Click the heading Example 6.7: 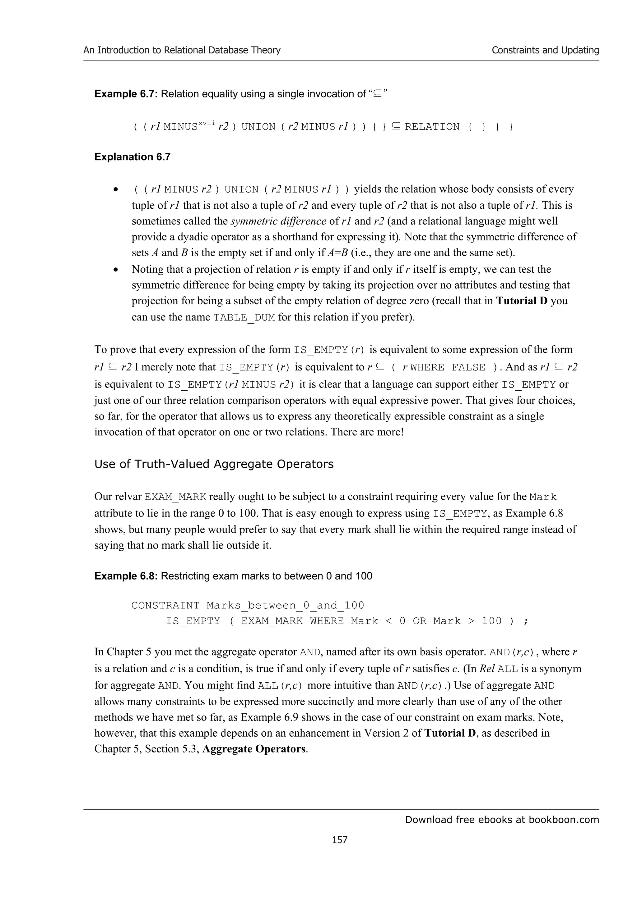tap(126, 94)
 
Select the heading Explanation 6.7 tap(132, 157)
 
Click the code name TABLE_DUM tap(244, 317)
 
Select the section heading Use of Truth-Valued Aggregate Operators tap(214, 464)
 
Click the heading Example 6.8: tap(126, 576)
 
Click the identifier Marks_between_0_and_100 tap(285, 606)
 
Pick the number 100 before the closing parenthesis tap(491, 621)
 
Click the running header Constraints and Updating tap(545, 50)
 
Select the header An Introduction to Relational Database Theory tap(182, 50)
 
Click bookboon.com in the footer tap(564, 820)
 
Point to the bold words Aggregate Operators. tap(254, 749)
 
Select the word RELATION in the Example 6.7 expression tap(432, 127)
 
